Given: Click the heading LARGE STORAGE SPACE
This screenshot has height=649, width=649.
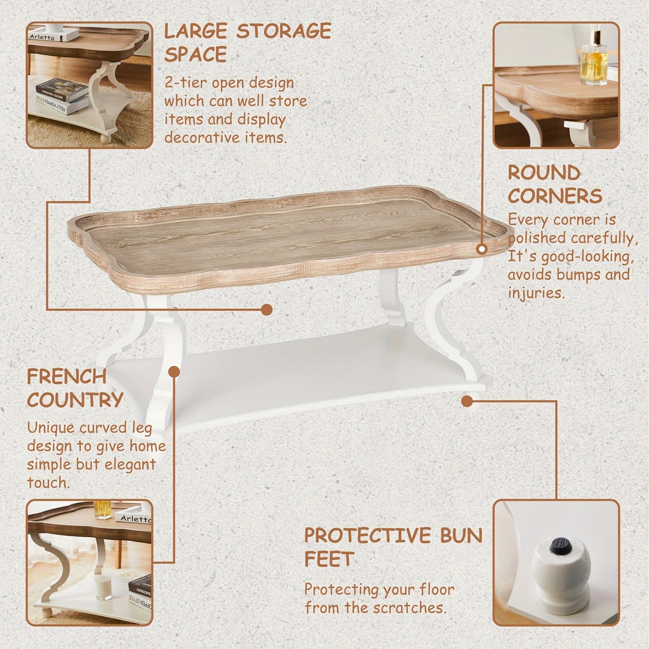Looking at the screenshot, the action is point(247,43).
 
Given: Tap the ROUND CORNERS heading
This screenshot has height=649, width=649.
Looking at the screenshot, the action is point(555,184).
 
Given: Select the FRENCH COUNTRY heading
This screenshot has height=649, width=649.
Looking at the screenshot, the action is point(75,388).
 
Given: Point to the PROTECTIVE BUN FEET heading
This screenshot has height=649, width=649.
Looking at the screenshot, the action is point(393,547).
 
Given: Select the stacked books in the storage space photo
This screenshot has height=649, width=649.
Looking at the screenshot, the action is point(61,94).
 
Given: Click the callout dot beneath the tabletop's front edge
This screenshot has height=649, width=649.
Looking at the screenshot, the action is point(267,309).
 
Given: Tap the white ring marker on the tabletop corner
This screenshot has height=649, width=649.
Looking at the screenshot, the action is point(482,250).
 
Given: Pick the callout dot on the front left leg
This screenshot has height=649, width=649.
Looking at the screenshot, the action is point(174,372).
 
